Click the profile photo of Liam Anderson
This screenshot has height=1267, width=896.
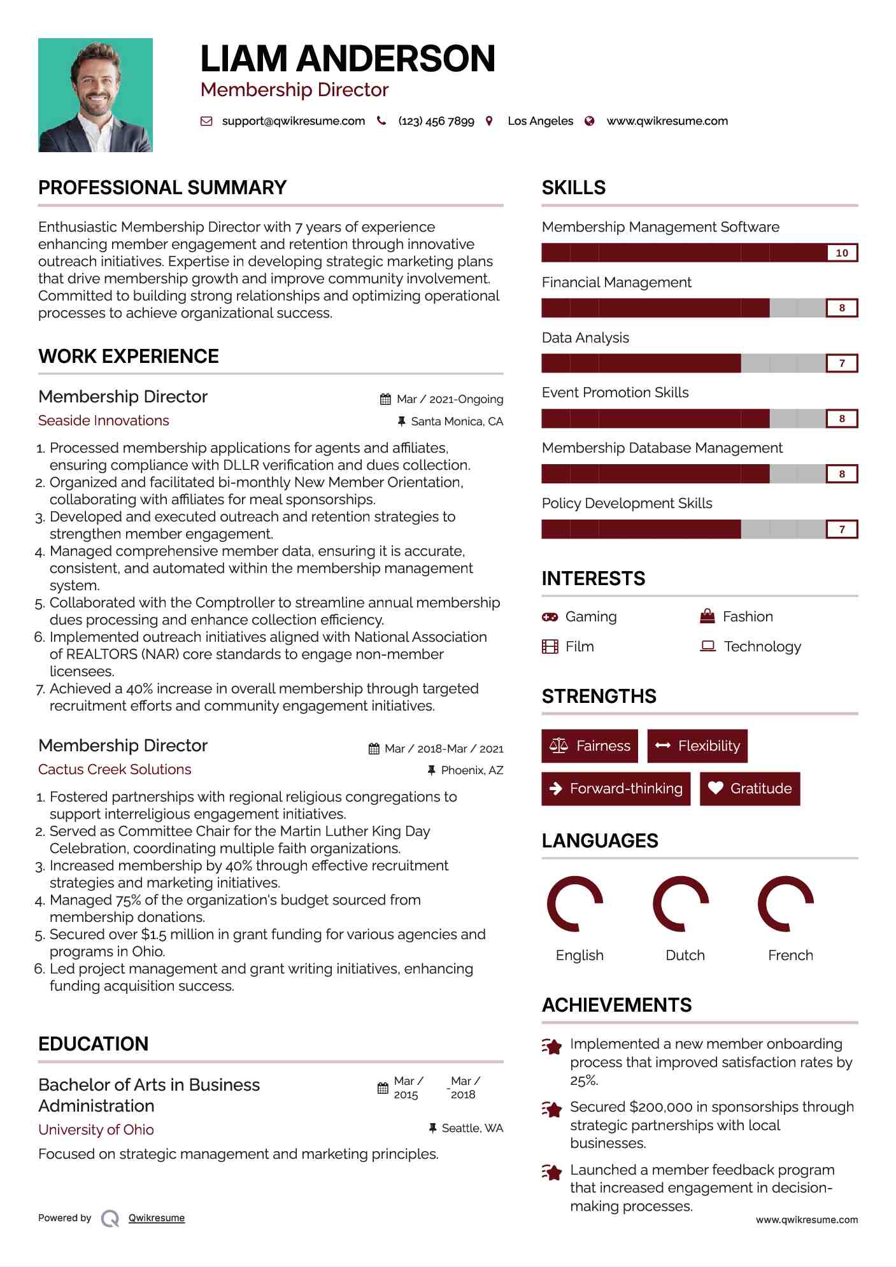coord(96,95)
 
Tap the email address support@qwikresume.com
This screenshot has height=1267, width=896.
coord(293,121)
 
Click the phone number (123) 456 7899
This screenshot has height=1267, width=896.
coord(436,121)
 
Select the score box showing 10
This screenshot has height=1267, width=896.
coord(841,253)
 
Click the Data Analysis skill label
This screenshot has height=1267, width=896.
coord(585,337)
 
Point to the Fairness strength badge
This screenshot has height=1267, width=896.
coord(590,746)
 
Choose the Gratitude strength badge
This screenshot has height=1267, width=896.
coord(750,788)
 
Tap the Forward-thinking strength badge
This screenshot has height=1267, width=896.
coord(616,788)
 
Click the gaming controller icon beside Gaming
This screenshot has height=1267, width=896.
coord(550,616)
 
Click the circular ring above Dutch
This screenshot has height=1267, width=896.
coord(681,903)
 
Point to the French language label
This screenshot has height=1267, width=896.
coord(790,955)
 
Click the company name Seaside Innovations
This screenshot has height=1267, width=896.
coord(104,420)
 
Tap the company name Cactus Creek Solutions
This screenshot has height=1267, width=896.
coord(115,769)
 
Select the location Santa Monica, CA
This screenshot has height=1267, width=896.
coord(457,421)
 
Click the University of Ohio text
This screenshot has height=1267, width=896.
coord(96,1129)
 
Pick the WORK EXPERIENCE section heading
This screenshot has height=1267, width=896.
coord(129,356)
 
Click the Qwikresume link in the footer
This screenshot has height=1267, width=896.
coord(157,1218)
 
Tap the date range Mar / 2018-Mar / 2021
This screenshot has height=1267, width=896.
coord(444,749)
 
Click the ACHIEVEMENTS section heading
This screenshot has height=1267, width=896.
coord(616,1005)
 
